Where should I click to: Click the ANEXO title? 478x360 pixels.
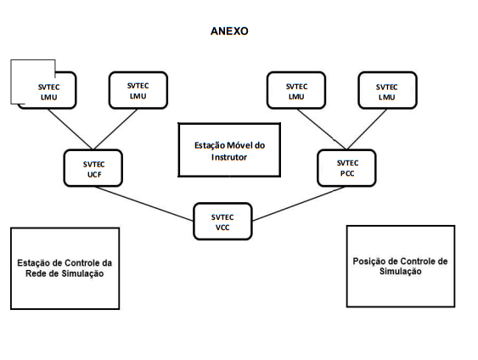[229, 31]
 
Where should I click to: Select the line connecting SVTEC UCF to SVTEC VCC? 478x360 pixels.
[143, 203]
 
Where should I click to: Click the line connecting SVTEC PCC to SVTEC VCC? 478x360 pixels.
[299, 203]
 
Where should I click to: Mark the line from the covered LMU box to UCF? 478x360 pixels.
[70, 129]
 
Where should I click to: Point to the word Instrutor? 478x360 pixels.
[229, 157]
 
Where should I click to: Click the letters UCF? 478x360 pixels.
[94, 175]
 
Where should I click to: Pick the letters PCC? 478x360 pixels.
[347, 173]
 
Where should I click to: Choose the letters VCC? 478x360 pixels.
[222, 228]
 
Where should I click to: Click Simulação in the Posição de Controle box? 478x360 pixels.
[401, 272]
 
